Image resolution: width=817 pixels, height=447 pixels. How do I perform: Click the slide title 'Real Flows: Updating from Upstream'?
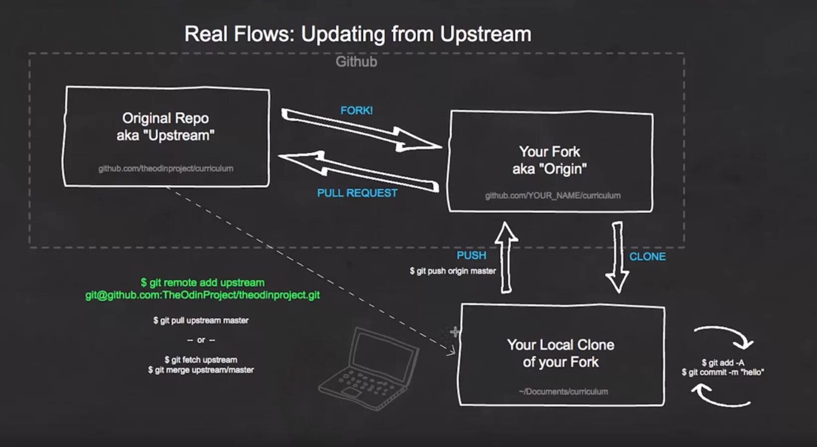[358, 34]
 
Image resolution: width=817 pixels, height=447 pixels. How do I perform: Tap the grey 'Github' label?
[356, 62]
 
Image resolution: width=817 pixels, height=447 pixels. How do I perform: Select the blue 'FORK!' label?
[356, 111]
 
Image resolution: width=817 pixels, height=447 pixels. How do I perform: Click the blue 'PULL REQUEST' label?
[357, 193]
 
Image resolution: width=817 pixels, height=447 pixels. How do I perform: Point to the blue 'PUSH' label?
[471, 255]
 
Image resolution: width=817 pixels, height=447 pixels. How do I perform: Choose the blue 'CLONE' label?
[647, 257]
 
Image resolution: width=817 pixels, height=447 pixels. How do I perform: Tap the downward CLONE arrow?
[617, 256]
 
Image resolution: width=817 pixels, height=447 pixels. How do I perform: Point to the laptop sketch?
[369, 368]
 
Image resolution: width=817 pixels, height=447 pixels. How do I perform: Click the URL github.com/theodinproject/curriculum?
[166, 169]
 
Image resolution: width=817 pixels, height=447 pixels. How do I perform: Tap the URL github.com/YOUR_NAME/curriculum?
[553, 196]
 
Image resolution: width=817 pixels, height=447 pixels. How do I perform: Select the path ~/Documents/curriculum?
[563, 392]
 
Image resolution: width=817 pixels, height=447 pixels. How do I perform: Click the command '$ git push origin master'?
[453, 271]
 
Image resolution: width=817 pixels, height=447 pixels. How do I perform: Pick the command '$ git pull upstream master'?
[201, 321]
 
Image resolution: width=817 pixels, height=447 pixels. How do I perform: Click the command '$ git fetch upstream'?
[201, 360]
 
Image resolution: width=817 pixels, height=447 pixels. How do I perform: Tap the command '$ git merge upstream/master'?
[201, 370]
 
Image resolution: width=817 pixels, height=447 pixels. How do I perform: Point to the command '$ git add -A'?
[722, 363]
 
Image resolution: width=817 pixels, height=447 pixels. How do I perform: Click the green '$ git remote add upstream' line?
[203, 283]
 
